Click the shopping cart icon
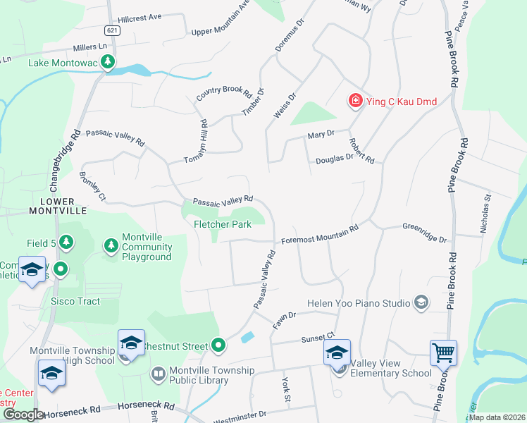click(x=443, y=351)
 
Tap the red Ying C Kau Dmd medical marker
click(x=356, y=102)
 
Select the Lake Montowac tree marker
click(x=107, y=63)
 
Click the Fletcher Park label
click(x=223, y=224)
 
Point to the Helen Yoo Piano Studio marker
click(x=421, y=303)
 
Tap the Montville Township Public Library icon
click(x=158, y=374)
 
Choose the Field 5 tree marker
click(x=66, y=243)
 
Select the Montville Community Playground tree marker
click(x=110, y=245)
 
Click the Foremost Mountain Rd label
click(x=320, y=234)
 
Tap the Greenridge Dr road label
click(x=425, y=233)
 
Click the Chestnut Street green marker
click(x=218, y=345)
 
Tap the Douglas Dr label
click(x=334, y=158)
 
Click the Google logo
click(x=23, y=415)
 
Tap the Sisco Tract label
click(x=75, y=301)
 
